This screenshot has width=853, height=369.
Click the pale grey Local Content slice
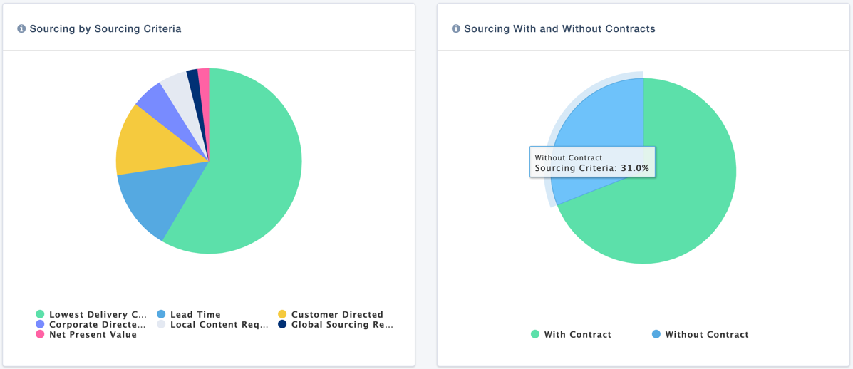click(177, 88)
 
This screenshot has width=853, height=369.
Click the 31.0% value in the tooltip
click(634, 169)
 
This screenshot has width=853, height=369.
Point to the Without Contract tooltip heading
click(569, 157)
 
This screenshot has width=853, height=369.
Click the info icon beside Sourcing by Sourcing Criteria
click(21, 29)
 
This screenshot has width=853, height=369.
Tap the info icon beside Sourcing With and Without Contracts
click(456, 29)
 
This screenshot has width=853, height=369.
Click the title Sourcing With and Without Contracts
click(559, 29)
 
